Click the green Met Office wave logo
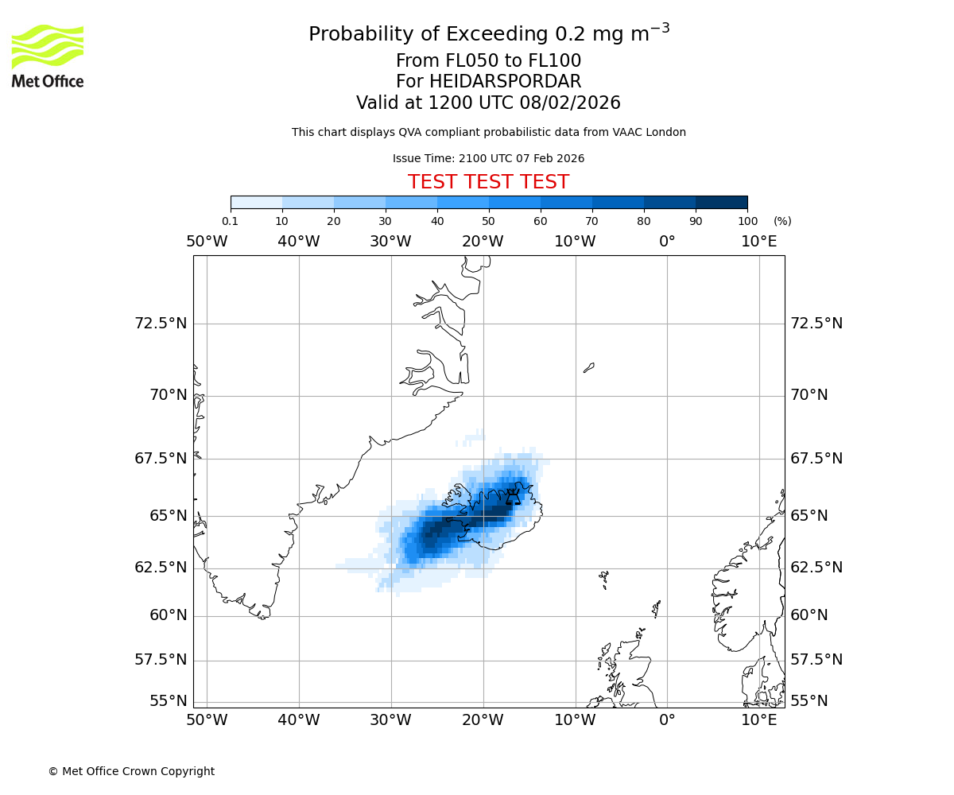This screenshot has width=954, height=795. [47, 46]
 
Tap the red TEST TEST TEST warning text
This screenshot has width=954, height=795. [488, 182]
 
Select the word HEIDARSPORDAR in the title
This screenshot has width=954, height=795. [505, 82]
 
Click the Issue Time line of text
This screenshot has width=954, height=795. [488, 159]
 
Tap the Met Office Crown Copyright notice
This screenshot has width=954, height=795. [131, 772]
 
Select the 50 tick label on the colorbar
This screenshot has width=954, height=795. [488, 221]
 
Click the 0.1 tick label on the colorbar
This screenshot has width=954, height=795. [230, 221]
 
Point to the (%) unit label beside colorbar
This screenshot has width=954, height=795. [782, 221]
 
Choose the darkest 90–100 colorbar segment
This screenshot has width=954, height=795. [721, 202]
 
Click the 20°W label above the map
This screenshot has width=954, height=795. [483, 242]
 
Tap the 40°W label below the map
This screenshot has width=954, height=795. [298, 720]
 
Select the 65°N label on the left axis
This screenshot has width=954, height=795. [169, 516]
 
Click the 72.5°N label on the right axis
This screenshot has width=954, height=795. [816, 324]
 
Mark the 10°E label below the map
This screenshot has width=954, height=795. [758, 720]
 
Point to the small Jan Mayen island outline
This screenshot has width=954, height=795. [588, 367]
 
